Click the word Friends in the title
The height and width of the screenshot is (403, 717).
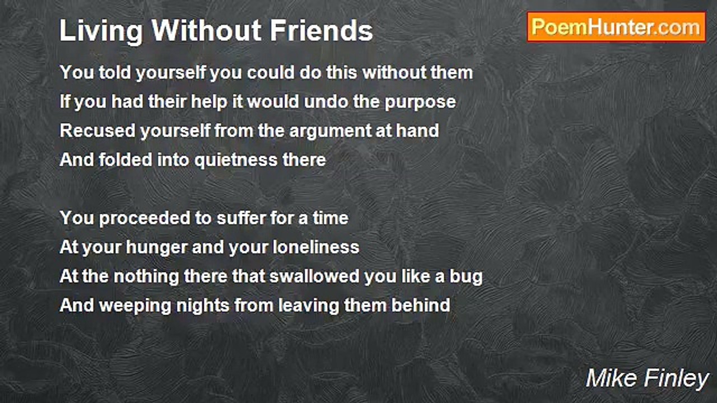(322, 30)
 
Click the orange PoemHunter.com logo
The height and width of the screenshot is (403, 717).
(616, 27)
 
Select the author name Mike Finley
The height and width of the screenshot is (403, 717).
(647, 378)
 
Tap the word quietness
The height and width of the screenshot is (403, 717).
(236, 161)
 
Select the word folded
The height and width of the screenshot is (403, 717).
(125, 160)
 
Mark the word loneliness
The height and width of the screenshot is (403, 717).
(316, 247)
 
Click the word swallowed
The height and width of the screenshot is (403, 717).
(314, 276)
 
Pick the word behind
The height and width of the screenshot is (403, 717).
(421, 305)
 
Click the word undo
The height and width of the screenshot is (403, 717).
(326, 102)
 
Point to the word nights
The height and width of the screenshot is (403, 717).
(203, 306)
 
